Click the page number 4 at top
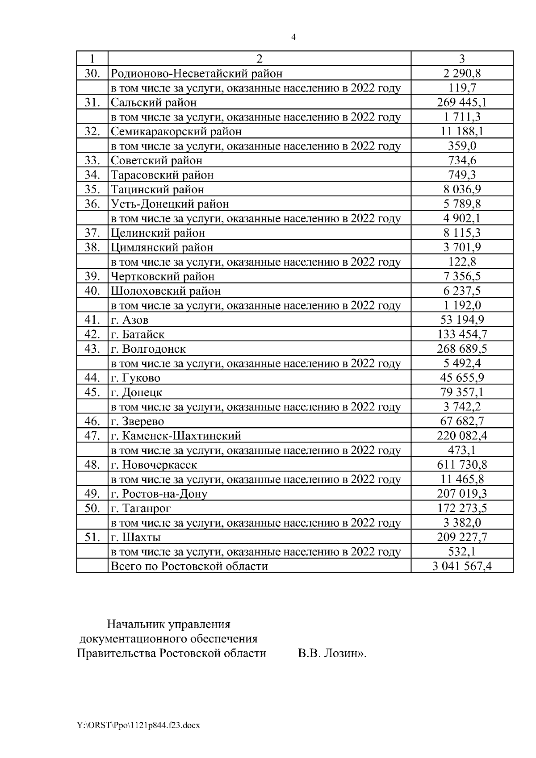293,37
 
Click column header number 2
259,58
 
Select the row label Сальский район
154,102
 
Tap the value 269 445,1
462,102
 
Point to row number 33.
92,160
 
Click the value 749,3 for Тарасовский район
462,175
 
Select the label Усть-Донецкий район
170,204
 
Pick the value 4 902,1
462,218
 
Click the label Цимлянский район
162,247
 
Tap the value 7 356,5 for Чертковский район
462,276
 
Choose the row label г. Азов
130,320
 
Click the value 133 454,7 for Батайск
462,334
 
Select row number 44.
92,378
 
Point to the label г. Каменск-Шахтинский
176,435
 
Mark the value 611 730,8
462,464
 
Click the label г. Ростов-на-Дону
159,493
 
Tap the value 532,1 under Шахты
462,551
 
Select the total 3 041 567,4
462,566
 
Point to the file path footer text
138,725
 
